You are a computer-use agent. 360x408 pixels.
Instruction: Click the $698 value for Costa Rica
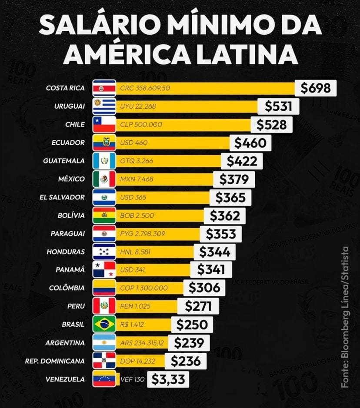tap(316, 88)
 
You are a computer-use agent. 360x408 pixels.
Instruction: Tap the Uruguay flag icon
tap(104, 106)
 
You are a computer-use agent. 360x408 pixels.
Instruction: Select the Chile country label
tap(75, 124)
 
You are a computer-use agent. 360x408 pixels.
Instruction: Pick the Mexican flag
tap(104, 179)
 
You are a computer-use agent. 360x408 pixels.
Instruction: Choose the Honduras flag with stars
tap(104, 252)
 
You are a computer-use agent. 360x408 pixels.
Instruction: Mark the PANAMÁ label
tap(70, 269)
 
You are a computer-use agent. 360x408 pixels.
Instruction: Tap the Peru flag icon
tap(104, 306)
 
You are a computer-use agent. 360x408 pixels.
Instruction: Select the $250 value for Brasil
tap(192, 324)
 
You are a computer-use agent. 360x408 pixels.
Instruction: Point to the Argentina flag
tap(104, 342)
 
